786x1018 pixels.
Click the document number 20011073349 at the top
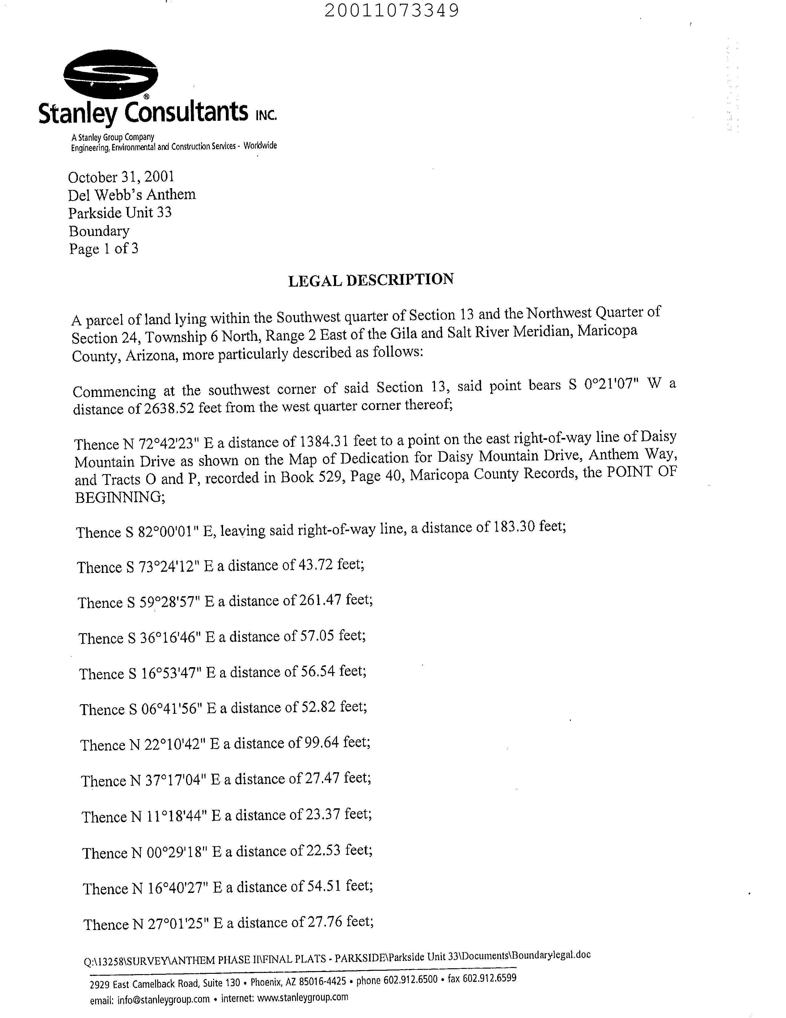point(391,10)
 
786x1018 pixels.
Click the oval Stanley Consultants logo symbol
point(111,74)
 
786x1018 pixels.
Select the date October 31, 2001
point(121,177)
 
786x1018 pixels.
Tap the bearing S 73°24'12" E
point(170,566)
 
